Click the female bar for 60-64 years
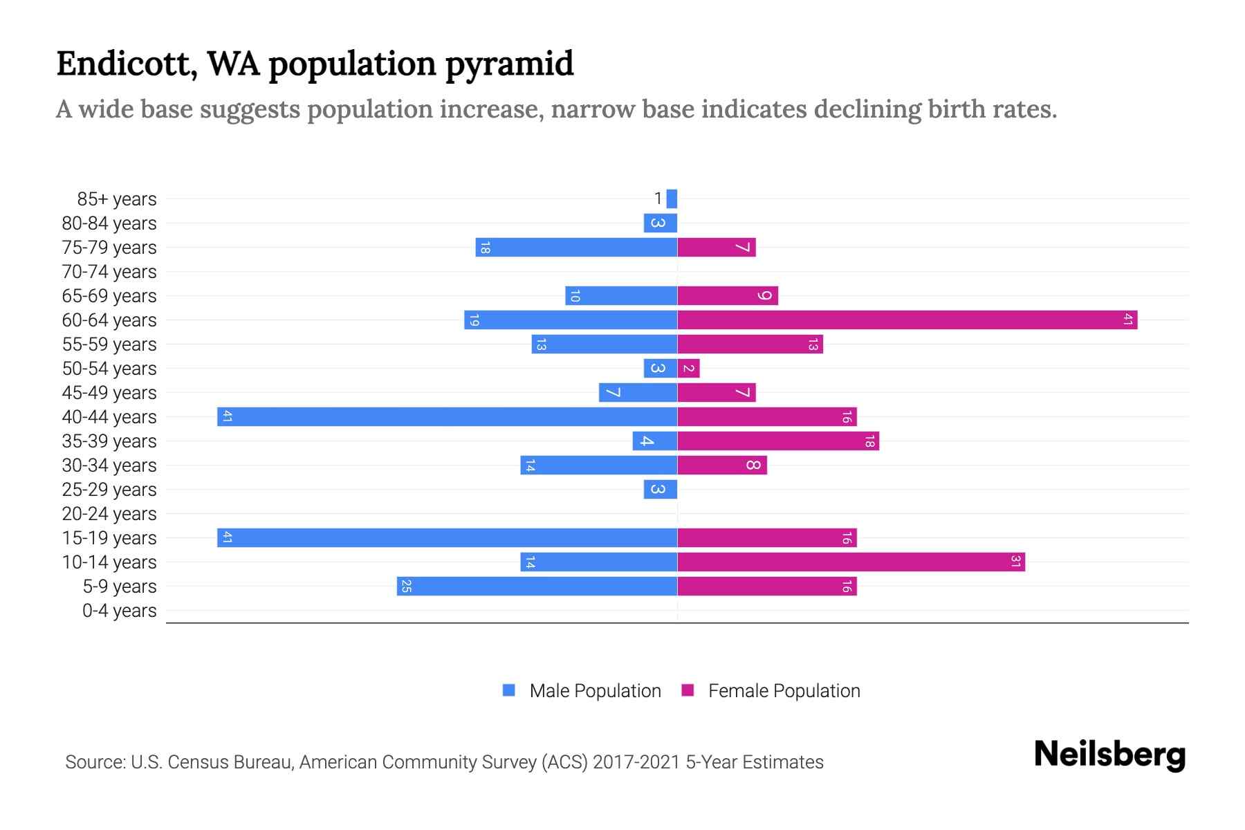click(907, 320)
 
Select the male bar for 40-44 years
click(447, 416)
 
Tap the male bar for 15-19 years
click(447, 537)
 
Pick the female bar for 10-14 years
click(851, 562)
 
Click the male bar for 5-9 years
click(537, 586)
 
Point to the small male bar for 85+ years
click(672, 199)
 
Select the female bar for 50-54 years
click(688, 368)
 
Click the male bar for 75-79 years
click(576, 247)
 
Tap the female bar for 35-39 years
click(778, 441)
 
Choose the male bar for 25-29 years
click(660, 489)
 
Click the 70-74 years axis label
click(109, 272)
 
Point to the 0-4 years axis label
click(119, 611)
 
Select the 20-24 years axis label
click(109, 514)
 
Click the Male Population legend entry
click(594, 690)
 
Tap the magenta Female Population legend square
click(688, 690)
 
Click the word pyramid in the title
click(509, 64)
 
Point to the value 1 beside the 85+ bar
click(658, 199)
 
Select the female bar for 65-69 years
click(728, 295)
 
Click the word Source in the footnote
click(95, 762)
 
